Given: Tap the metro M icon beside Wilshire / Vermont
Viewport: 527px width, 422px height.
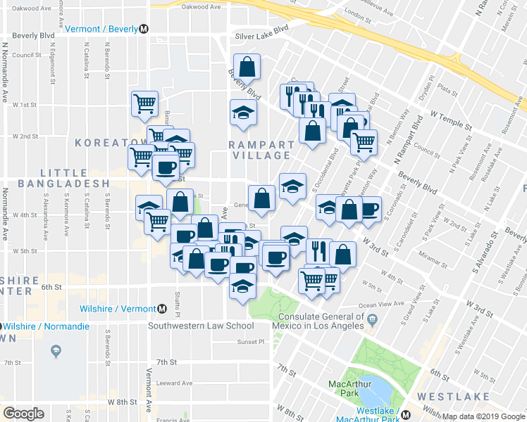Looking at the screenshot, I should [162, 309].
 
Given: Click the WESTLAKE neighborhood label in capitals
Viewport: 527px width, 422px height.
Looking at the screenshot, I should [453, 397].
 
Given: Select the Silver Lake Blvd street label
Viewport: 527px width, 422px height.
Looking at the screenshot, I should [262, 32].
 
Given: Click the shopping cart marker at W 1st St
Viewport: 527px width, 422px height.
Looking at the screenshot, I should [144, 103].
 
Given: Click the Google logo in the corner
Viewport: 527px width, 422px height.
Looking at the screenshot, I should [23, 414].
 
